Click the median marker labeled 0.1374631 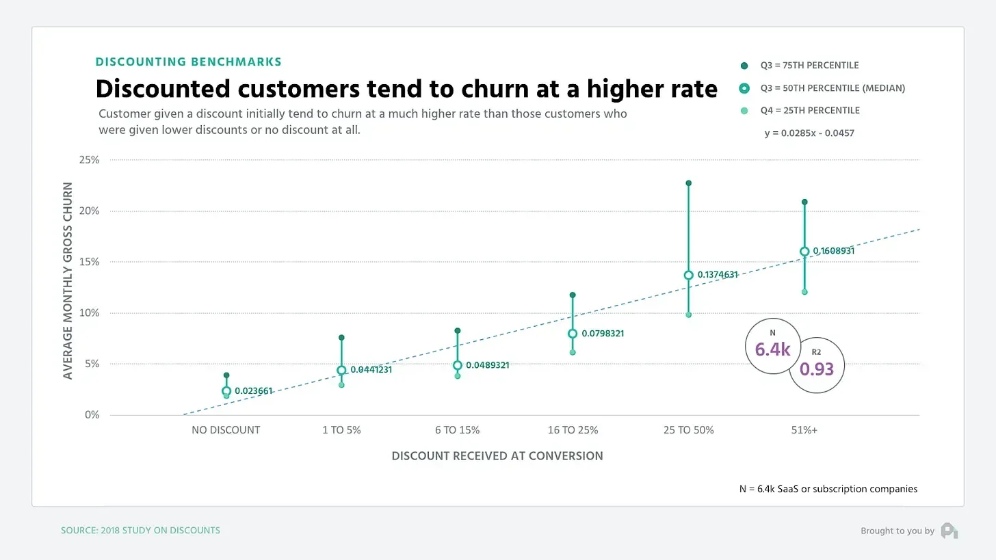[689, 276]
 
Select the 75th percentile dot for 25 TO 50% [689, 183]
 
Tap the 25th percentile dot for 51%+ [804, 292]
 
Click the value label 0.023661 [253, 392]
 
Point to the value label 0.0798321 [603, 334]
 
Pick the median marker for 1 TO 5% [341, 371]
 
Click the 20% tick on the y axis [90, 211]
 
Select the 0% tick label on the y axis [92, 415]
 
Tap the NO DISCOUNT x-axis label [226, 431]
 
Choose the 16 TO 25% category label [573, 431]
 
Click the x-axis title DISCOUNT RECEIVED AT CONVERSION [497, 456]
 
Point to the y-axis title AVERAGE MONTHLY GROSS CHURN [68, 280]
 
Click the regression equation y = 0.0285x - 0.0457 [809, 133]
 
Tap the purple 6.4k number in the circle [772, 350]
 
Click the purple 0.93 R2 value [817, 369]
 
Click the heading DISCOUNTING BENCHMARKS [188, 62]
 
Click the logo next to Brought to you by [949, 531]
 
